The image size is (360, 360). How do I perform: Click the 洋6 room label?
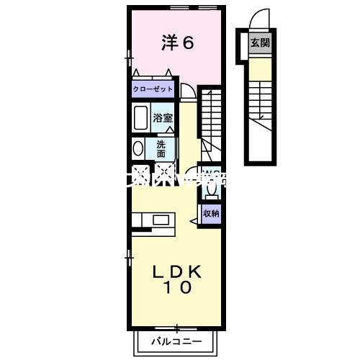(x=177, y=42)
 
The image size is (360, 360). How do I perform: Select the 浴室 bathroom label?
(x=161, y=117)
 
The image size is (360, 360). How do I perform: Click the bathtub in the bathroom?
(x=140, y=117)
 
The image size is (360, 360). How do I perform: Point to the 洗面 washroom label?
(x=161, y=148)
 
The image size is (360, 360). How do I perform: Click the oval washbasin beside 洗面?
(x=138, y=148)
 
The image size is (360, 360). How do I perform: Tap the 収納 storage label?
(x=210, y=213)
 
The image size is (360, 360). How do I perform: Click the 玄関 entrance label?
(x=260, y=43)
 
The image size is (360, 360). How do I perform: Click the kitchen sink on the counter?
(x=160, y=219)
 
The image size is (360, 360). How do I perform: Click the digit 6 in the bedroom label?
(x=189, y=42)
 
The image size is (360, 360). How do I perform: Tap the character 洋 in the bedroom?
(x=168, y=42)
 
